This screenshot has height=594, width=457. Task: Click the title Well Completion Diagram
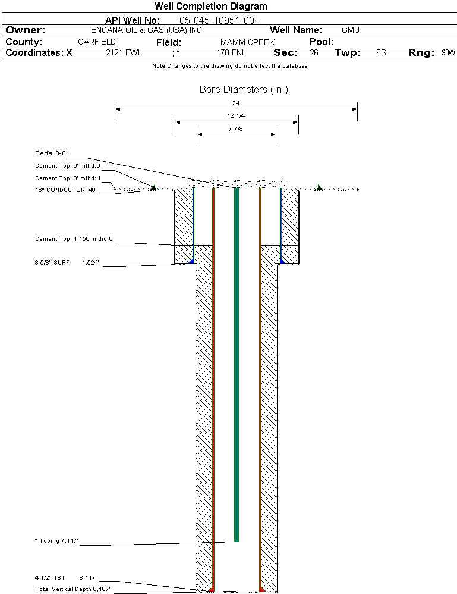(210, 7)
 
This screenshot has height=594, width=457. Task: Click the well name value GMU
(351, 30)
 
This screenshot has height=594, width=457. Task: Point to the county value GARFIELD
(97, 42)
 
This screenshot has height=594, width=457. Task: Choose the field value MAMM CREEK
(247, 42)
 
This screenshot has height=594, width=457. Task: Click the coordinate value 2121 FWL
(124, 53)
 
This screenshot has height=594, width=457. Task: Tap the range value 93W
(448, 53)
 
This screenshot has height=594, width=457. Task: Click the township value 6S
(381, 53)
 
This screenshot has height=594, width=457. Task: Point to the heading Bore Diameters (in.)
(244, 90)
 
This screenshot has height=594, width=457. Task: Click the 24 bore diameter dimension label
(236, 103)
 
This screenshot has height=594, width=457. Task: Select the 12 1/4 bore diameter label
(236, 115)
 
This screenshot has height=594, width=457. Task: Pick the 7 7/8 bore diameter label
(236, 128)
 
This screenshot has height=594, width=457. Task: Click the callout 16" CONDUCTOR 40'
(66, 190)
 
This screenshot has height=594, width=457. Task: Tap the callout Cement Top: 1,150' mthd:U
(74, 239)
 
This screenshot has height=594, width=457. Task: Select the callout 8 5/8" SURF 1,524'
(66, 262)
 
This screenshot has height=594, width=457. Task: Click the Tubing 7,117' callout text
(58, 541)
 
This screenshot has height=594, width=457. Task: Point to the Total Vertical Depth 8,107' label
(73, 589)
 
